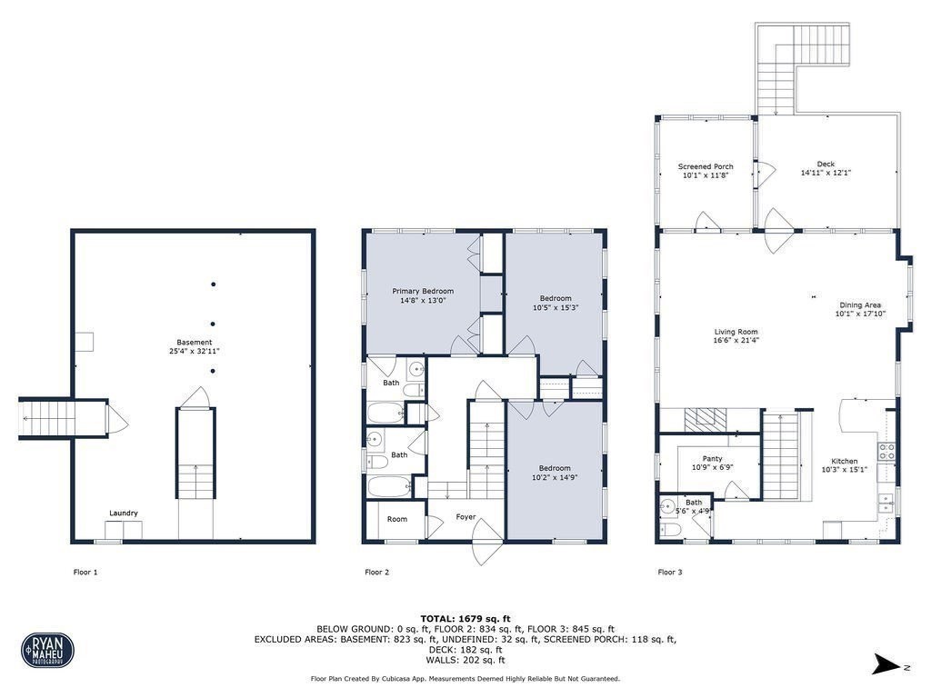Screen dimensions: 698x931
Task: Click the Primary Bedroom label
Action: pyautogui.click(x=422, y=292)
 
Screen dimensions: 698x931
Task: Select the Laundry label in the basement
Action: pyautogui.click(x=124, y=514)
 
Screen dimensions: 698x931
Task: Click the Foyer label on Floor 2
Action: pyautogui.click(x=465, y=517)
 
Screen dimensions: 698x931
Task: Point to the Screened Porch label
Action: pyautogui.click(x=706, y=166)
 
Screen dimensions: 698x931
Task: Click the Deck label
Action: pyautogui.click(x=826, y=165)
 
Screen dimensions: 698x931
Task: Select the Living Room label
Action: pyautogui.click(x=736, y=333)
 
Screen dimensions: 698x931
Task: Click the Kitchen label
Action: pyautogui.click(x=845, y=462)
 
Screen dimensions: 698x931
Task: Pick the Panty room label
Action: pyautogui.click(x=712, y=459)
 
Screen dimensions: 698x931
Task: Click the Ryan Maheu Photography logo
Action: pyautogui.click(x=47, y=650)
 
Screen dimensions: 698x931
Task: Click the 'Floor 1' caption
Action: pyautogui.click(x=85, y=573)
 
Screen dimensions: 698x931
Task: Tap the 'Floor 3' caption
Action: pyautogui.click(x=670, y=573)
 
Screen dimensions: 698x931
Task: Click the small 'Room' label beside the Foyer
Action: pyautogui.click(x=397, y=520)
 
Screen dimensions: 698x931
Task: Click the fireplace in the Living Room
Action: pyautogui.click(x=701, y=419)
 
